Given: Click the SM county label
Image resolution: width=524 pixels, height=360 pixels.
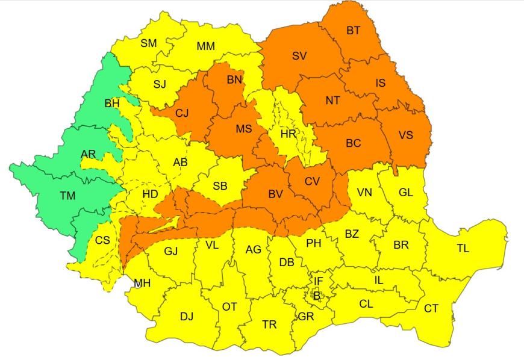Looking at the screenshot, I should pos(149,43).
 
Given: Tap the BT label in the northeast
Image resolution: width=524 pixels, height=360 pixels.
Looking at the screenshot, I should pos(353,31).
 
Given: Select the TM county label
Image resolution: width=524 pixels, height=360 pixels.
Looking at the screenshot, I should pos(67,196).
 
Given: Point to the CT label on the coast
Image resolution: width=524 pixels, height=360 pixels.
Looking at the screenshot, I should pos(431,309).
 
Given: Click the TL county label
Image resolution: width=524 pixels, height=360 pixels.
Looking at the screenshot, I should pos(463,248).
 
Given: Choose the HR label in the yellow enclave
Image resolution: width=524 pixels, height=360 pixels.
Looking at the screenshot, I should pos(289,134).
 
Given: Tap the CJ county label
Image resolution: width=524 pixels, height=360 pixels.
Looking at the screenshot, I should pos(182,113).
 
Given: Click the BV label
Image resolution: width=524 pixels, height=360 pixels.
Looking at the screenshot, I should pos(275,194).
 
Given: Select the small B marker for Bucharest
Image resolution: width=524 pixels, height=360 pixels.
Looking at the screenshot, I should pos(316,295).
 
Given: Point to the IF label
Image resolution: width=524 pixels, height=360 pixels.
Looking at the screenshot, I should pos(319,281).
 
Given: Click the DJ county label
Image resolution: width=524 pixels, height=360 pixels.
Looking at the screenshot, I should pos(187,317).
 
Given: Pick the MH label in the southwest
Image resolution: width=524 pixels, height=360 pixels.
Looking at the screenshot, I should pos(142,284).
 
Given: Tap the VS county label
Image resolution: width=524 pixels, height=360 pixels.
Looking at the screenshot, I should pos(406,135).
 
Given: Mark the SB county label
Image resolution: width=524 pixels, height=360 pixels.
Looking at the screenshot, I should pos(220,186).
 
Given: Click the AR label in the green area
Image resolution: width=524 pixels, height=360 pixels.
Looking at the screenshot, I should pos(88,155).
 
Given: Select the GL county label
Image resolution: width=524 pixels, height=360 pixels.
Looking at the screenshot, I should pos(406,193).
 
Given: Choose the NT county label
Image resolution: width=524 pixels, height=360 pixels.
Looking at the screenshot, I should pos(332,101).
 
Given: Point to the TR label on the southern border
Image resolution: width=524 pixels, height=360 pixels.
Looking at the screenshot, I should pos(269,325).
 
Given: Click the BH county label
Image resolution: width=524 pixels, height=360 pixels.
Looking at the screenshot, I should pos(112,104).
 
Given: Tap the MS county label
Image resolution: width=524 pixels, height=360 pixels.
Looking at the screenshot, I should pos(244,129).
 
